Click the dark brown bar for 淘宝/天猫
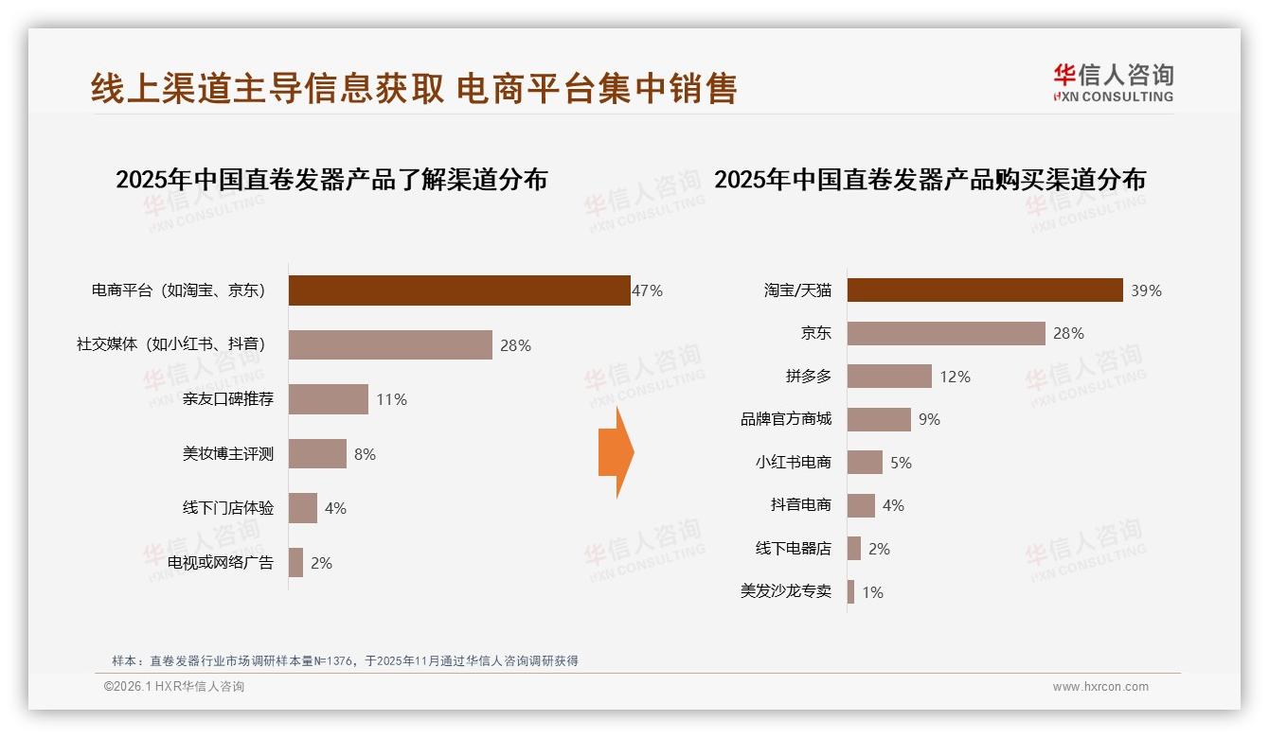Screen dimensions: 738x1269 tap(985, 290)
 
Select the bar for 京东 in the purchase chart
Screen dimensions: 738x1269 tap(946, 333)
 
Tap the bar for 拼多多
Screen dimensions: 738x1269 tap(889, 377)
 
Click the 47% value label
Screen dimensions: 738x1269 tap(648, 290)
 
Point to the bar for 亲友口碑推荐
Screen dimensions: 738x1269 tap(328, 399)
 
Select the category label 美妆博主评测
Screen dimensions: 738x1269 tap(228, 454)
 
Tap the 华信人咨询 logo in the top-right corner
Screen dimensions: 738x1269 tap(1113, 83)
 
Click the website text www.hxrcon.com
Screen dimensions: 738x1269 tap(1100, 687)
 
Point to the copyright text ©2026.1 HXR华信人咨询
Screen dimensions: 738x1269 tap(174, 687)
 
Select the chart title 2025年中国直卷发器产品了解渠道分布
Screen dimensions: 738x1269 tap(331, 180)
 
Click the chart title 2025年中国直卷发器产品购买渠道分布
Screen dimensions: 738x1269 tap(930, 180)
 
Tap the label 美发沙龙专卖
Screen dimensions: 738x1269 tap(786, 591)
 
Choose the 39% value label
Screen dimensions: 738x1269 tap(1146, 290)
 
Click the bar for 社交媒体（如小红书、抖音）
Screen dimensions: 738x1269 tap(390, 345)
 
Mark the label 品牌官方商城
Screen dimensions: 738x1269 tap(786, 419)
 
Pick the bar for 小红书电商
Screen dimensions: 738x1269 tap(865, 463)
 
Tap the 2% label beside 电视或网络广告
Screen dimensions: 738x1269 tap(322, 563)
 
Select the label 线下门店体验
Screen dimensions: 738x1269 tap(228, 508)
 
